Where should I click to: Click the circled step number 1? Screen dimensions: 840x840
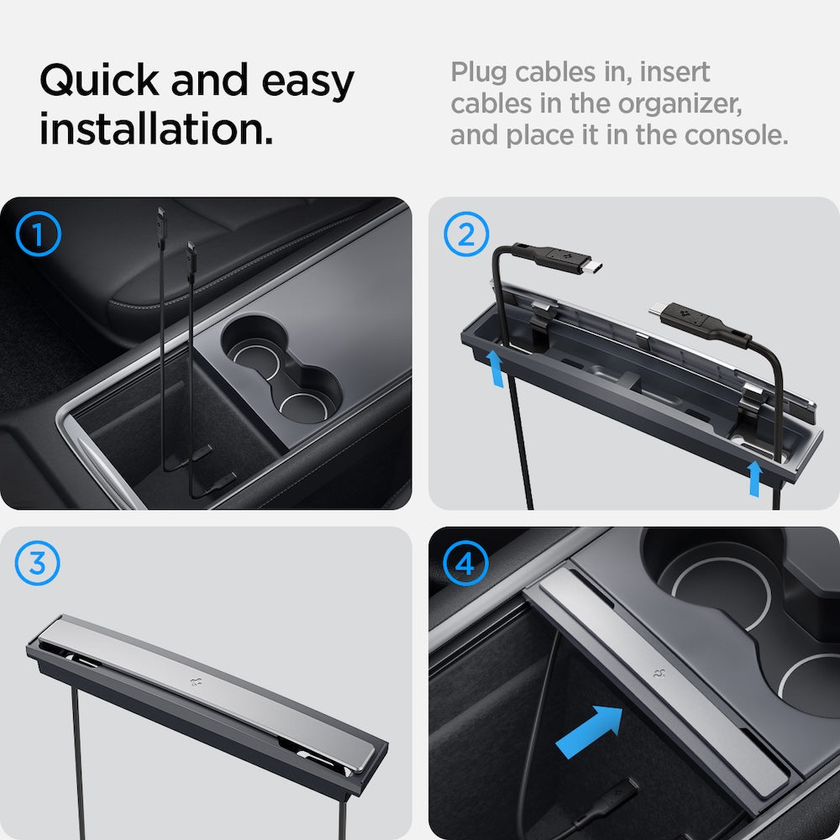click(x=39, y=234)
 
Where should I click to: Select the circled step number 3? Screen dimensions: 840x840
click(x=39, y=564)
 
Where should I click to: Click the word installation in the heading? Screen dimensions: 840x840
click(x=156, y=130)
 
